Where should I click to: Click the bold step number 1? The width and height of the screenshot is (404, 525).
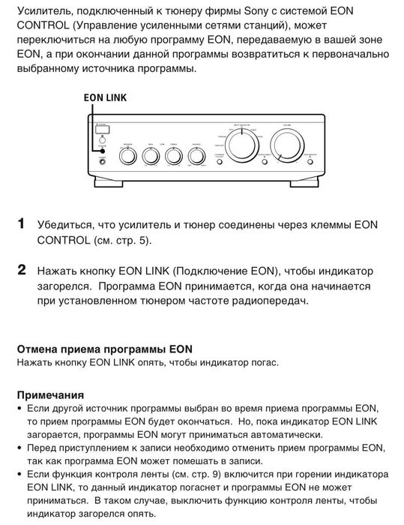pyautogui.click(x=22, y=224)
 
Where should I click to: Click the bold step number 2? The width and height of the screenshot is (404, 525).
pyautogui.click(x=22, y=269)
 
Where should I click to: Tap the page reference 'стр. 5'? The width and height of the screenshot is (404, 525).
pyautogui.click(x=131, y=241)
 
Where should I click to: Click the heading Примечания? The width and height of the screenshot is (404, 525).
pyautogui.click(x=51, y=394)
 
